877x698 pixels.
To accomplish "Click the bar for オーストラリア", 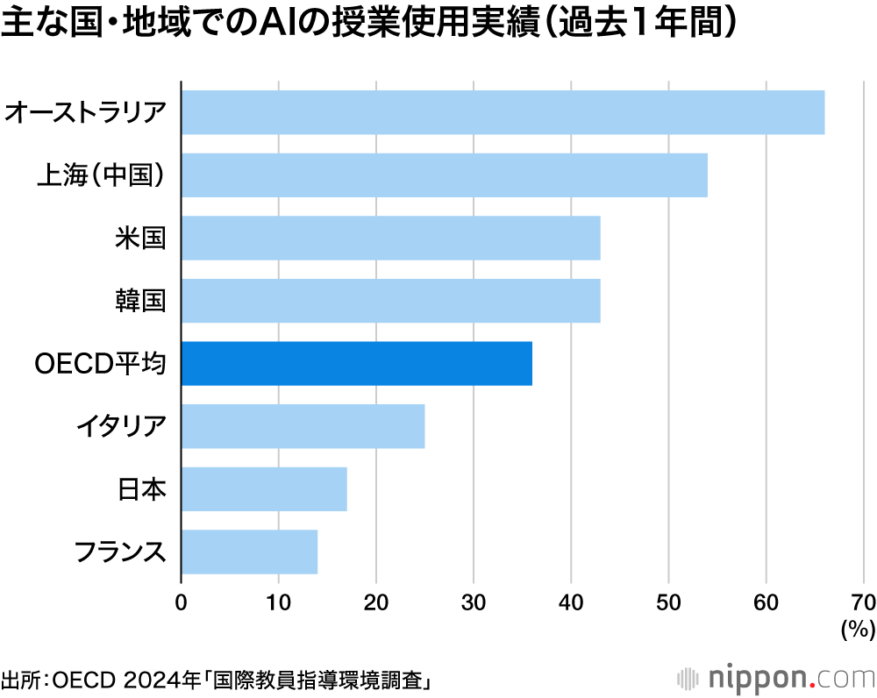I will [503, 112].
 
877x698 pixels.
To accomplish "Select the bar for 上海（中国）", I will [444, 174].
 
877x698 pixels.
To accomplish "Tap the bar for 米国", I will [390, 238].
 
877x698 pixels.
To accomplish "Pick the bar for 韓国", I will [390, 301].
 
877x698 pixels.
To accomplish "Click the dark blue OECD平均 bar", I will [356, 363].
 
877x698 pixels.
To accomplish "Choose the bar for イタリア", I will [303, 426].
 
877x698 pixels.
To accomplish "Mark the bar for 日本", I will [264, 488].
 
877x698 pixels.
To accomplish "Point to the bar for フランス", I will [249, 552].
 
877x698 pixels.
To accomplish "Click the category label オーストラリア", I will [85, 112].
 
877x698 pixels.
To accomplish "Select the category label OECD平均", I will [99, 363].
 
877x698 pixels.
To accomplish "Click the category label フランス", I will [120, 552].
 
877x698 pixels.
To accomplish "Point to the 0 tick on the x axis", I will [181, 602].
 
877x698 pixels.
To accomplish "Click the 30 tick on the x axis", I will [474, 602].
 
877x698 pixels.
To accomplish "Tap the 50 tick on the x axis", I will [669, 602].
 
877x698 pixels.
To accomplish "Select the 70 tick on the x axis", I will [863, 602].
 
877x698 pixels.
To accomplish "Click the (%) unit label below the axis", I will [857, 629].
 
